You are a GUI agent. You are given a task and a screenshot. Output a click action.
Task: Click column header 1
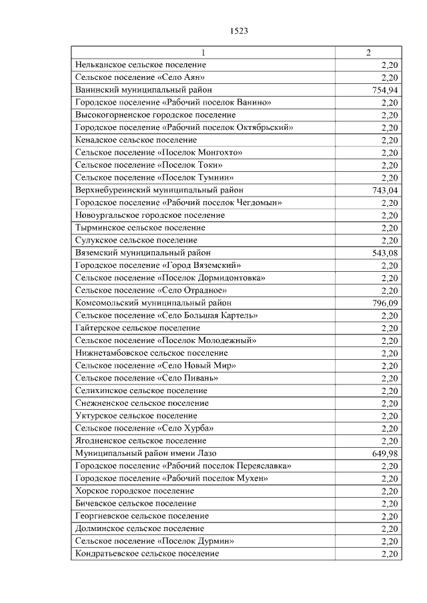point(203,53)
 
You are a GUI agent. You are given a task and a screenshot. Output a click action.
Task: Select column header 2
point(368,53)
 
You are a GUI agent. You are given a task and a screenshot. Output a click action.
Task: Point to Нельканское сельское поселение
point(141,65)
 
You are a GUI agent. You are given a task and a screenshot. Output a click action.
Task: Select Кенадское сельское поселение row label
point(136,141)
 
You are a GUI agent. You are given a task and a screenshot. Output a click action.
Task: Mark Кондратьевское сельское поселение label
point(147,554)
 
